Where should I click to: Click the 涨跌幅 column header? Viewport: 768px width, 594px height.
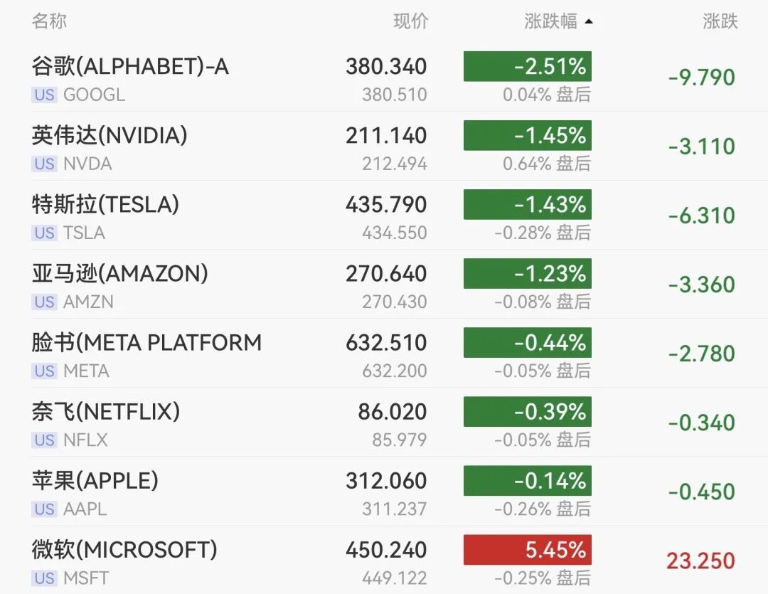[550, 21]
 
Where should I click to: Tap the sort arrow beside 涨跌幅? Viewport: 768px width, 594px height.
[589, 21]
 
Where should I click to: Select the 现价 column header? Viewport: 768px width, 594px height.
[411, 21]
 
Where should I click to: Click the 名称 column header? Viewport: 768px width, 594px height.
[49, 21]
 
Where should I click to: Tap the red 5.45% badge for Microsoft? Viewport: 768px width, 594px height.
[528, 550]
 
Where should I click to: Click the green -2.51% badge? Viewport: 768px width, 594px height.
[528, 66]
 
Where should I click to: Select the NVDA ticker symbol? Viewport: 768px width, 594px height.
[87, 164]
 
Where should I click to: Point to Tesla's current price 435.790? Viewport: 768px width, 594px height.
[386, 204]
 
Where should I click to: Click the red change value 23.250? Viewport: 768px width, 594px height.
[700, 561]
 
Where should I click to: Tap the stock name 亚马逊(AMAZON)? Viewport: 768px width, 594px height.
[120, 273]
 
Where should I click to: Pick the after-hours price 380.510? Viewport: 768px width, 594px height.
[394, 95]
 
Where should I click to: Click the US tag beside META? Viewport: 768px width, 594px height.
[45, 371]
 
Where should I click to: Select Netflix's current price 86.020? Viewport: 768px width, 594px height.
[393, 412]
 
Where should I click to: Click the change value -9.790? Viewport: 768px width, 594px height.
[701, 78]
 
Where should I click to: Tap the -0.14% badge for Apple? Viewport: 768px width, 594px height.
[528, 481]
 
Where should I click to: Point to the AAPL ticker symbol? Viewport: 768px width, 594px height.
[85, 509]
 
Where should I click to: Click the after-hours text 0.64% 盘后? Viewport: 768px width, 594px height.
[547, 164]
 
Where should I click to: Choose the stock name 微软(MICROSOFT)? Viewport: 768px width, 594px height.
[124, 550]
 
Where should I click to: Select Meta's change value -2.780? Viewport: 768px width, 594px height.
[701, 354]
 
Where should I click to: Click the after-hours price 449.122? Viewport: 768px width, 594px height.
[394, 578]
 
